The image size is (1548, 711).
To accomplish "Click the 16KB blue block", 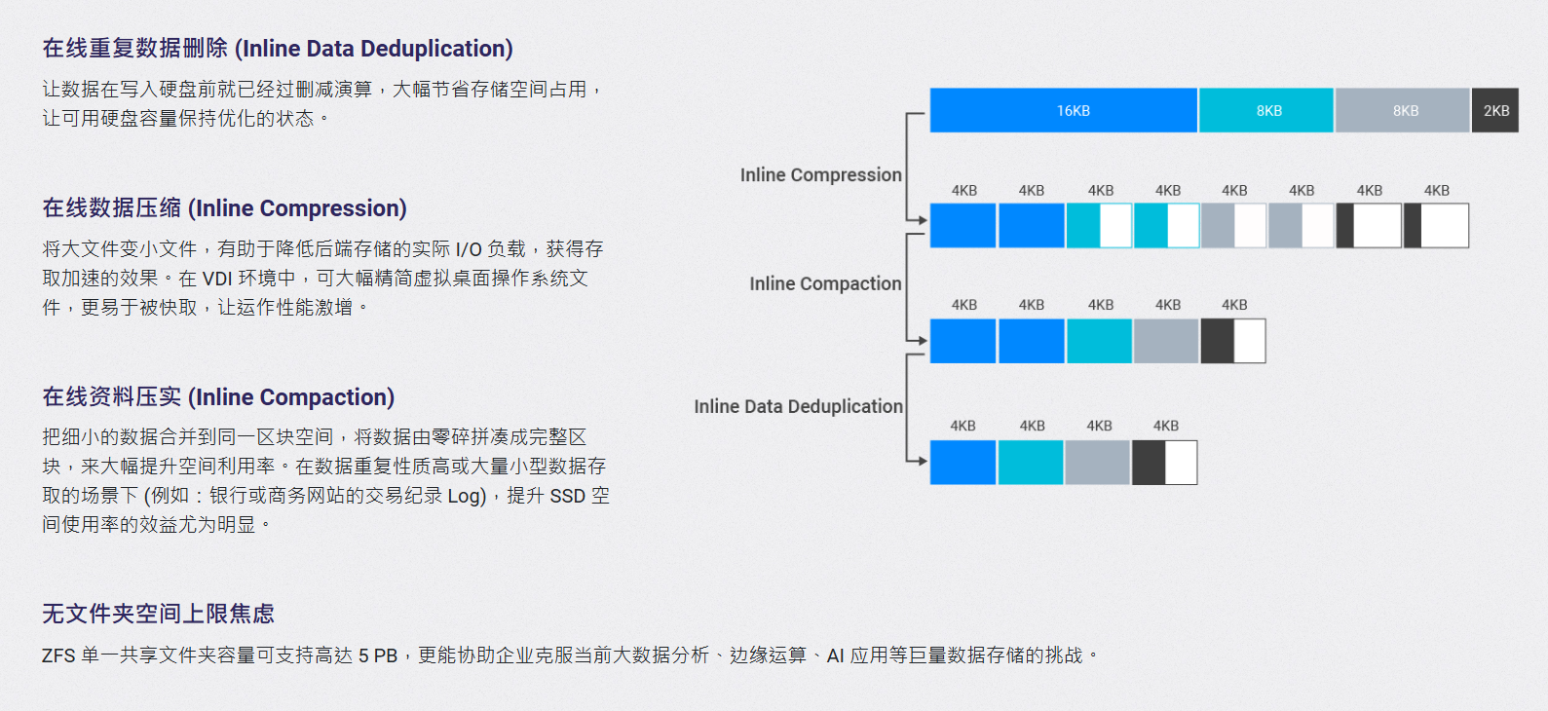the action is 1064,110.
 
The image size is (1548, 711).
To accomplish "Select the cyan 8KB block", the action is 1266,110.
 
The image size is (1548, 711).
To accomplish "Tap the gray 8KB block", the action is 1402,110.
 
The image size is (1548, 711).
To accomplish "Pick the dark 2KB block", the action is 1494,110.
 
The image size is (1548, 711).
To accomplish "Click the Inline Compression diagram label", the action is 821,174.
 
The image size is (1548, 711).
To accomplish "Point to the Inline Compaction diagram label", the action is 826,283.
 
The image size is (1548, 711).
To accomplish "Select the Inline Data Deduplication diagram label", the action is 798,406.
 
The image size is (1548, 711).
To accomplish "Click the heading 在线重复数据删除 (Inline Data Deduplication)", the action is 278,49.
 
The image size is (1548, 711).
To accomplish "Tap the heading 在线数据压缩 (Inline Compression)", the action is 225,208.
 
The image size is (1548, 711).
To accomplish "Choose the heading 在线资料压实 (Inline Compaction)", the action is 218,396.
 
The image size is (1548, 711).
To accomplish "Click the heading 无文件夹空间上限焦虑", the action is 158,613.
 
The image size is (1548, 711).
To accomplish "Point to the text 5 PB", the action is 378,655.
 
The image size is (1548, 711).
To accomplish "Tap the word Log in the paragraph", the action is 464,497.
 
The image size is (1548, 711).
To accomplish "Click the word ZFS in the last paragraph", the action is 58,655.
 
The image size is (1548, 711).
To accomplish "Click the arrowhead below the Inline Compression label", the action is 922,220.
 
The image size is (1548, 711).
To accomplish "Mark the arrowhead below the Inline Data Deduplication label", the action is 922,461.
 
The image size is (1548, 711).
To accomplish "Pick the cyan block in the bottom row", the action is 1031,463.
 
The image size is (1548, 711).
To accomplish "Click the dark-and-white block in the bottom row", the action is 1165,463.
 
